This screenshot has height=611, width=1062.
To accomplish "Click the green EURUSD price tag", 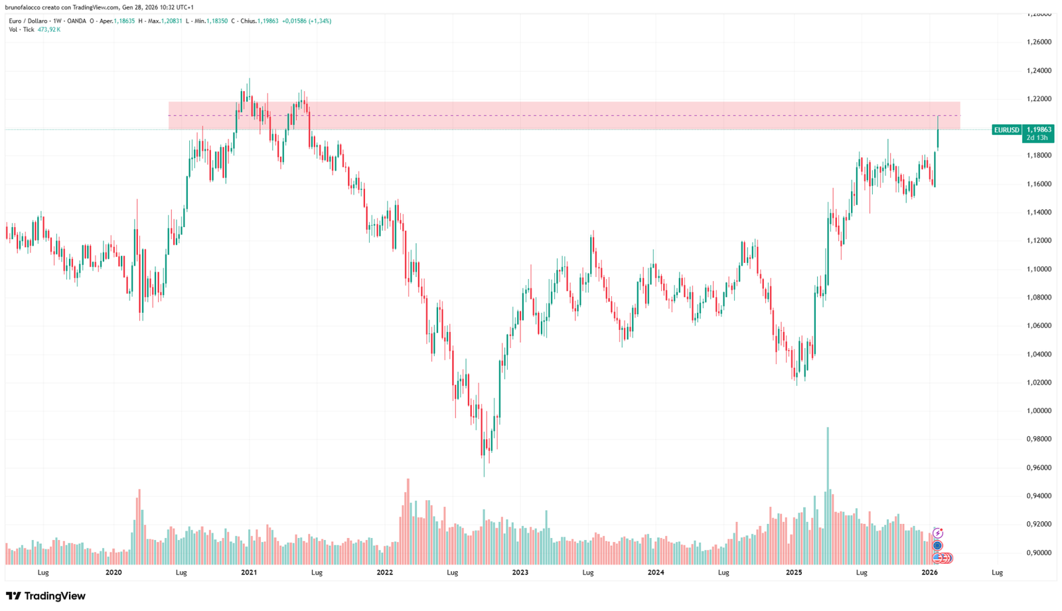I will [x=1006, y=130].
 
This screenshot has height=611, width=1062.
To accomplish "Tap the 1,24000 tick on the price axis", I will [x=1039, y=70].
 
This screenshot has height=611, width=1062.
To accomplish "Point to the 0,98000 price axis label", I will [x=1039, y=439].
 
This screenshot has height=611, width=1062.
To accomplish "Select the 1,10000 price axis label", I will [x=1039, y=269].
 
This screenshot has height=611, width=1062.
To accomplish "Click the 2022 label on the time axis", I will [x=384, y=572].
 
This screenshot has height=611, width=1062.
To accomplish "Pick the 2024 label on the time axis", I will [x=656, y=572].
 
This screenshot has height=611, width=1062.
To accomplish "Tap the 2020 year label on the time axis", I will [x=114, y=572].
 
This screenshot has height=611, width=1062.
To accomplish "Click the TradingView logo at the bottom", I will [x=46, y=596].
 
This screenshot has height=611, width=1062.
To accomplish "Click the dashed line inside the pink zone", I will [x=564, y=116].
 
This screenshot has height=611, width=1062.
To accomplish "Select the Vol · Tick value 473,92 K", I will [x=49, y=30].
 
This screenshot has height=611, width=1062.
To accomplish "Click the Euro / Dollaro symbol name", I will [x=28, y=21].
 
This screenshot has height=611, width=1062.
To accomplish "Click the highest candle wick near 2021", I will [x=249, y=80].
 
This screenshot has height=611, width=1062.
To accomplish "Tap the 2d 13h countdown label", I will [x=1037, y=138].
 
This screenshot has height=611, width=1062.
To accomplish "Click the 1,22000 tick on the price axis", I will [x=1039, y=99].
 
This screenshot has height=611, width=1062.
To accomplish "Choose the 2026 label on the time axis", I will [x=930, y=572].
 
